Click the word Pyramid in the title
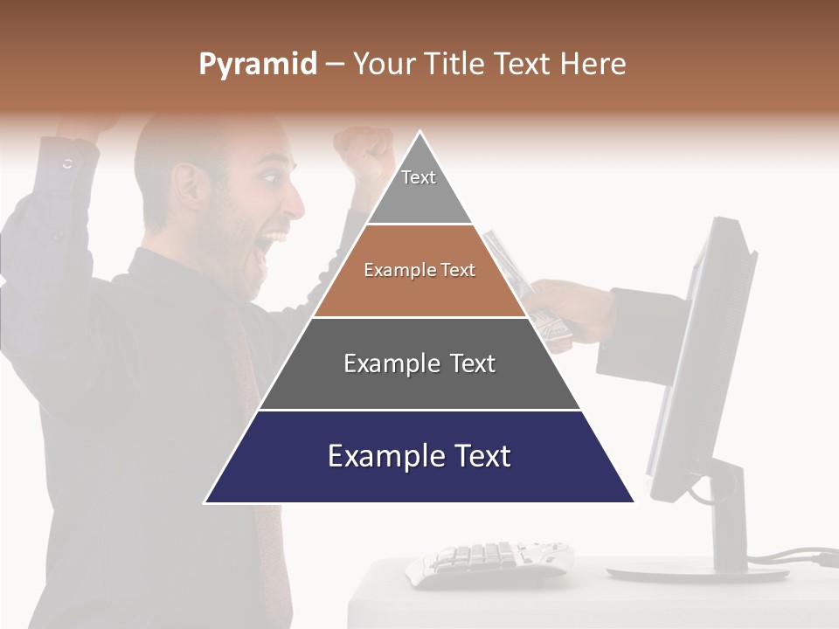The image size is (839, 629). tap(257, 65)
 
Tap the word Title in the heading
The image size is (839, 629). tap(455, 65)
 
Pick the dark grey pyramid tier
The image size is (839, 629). tap(419, 364)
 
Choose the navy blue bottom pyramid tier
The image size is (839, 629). tap(419, 458)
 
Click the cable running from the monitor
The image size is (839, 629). tap(795, 556)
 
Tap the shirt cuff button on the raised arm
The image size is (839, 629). tap(67, 163)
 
